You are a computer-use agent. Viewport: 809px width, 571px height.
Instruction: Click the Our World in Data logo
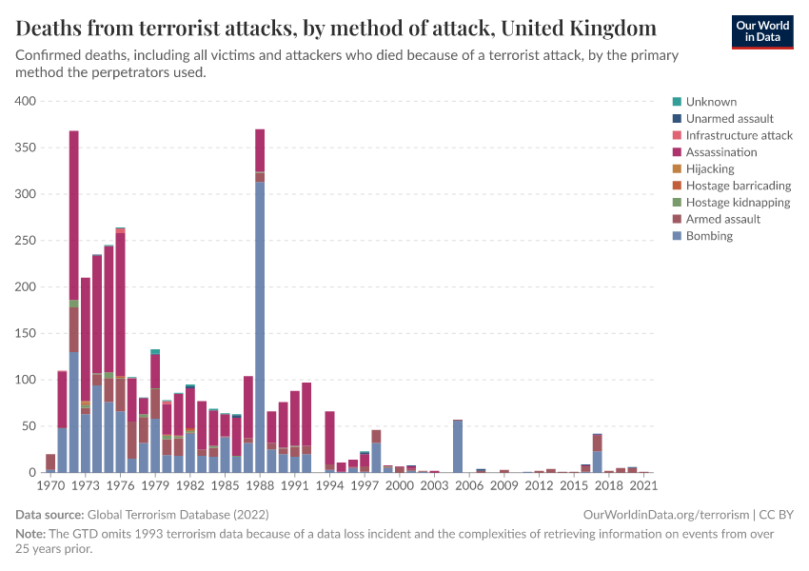click(x=761, y=31)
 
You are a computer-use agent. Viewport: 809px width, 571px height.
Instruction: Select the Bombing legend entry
click(x=709, y=236)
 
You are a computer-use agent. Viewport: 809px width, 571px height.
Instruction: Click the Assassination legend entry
click(x=721, y=152)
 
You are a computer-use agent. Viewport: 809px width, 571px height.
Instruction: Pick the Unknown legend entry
click(x=711, y=102)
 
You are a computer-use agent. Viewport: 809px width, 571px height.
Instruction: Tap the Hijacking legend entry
click(x=709, y=169)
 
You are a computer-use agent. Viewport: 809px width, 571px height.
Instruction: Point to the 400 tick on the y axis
click(x=25, y=101)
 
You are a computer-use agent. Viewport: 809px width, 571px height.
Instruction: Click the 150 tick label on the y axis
click(x=25, y=333)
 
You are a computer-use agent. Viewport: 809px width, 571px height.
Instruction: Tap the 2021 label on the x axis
click(x=643, y=485)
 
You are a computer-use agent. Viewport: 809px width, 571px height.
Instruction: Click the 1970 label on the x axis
click(x=50, y=485)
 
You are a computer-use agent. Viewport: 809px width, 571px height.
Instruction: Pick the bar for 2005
click(x=458, y=446)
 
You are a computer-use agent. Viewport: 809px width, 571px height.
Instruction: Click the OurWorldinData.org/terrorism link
click(x=664, y=515)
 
